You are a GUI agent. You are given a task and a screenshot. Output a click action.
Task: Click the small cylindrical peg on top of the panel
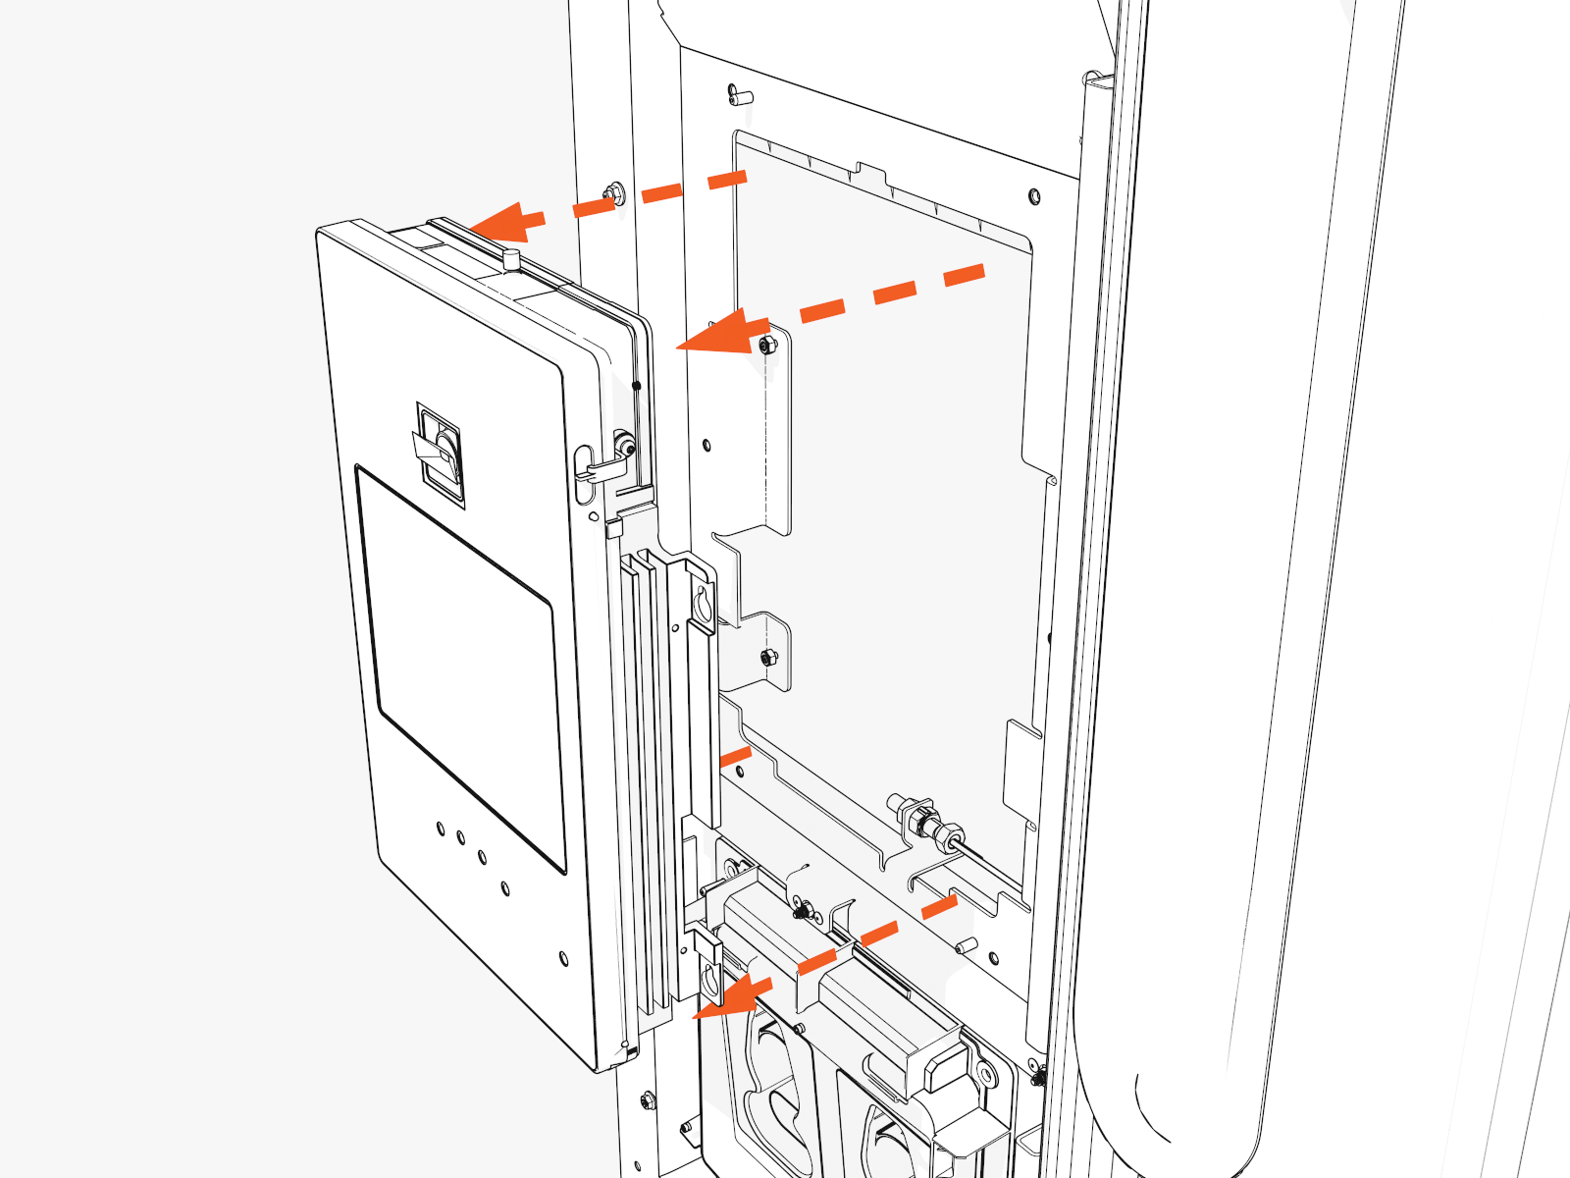(x=510, y=260)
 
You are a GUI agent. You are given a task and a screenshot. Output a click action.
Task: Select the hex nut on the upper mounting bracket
(x=766, y=345)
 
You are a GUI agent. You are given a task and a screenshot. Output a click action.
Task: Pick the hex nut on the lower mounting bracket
(x=768, y=656)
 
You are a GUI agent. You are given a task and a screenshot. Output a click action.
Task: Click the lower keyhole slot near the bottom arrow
(x=709, y=978)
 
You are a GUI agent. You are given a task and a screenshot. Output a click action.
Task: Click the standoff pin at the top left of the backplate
(x=738, y=95)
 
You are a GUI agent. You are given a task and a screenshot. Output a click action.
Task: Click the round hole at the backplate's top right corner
(x=1034, y=197)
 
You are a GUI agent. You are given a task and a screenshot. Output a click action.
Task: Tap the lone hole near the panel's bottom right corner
(x=563, y=957)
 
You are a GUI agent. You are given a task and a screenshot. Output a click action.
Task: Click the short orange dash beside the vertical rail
(x=735, y=755)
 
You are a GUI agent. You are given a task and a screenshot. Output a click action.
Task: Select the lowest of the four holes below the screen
(x=504, y=888)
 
